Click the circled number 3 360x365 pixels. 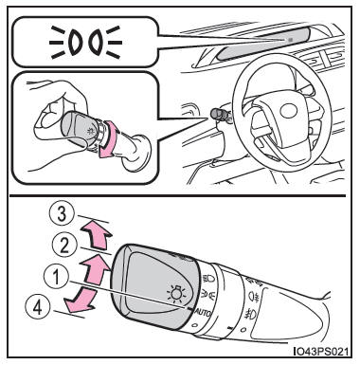pyautogui.click(x=62, y=215)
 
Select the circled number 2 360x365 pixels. pyautogui.click(x=64, y=246)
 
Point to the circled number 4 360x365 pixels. pyautogui.click(x=38, y=307)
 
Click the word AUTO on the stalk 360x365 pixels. pyautogui.click(x=204, y=313)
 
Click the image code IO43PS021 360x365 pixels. pyautogui.click(x=320, y=352)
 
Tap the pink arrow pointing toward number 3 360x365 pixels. pyautogui.click(x=97, y=234)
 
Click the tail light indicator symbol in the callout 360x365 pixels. pyautogui.click(x=84, y=42)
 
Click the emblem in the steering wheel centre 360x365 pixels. pyautogui.click(x=289, y=111)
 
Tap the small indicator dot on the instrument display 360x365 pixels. pyautogui.click(x=290, y=40)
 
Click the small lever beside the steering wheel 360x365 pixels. pyautogui.click(x=221, y=115)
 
